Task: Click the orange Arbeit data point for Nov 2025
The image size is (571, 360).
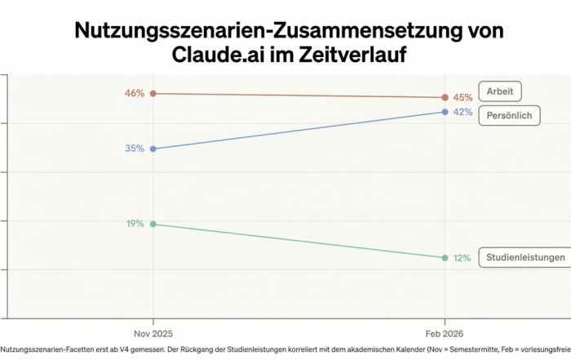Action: [x=153, y=94]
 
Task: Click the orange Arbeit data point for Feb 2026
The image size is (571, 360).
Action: [x=445, y=98]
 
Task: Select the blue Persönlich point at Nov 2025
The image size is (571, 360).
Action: [x=153, y=149]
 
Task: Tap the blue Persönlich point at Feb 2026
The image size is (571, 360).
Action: [x=445, y=112]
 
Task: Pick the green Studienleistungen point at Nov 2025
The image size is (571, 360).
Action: [x=153, y=224]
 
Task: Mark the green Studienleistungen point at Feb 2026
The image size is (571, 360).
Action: [x=445, y=258]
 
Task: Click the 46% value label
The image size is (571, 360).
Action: [x=135, y=94]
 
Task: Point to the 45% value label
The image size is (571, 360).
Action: [x=463, y=98]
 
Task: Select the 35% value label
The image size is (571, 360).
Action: [x=135, y=149]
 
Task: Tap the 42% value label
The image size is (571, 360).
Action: [x=463, y=113]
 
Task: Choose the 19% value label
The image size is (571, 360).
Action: [x=135, y=224]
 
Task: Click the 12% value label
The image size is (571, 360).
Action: [x=463, y=258]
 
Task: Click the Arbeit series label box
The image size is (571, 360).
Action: [x=500, y=91]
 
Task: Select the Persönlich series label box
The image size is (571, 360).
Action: [x=509, y=115]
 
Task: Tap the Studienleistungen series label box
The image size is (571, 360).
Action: [x=525, y=257]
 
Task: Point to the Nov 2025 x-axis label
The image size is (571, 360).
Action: [x=153, y=334]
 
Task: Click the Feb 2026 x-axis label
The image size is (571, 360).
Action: [x=445, y=334]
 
